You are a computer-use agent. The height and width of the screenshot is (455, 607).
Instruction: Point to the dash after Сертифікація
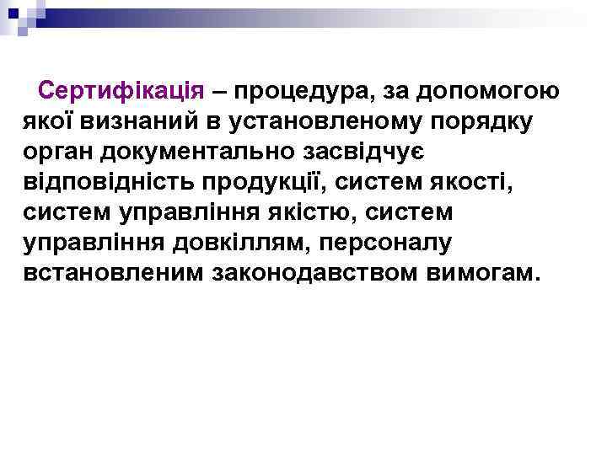coord(223,90)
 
